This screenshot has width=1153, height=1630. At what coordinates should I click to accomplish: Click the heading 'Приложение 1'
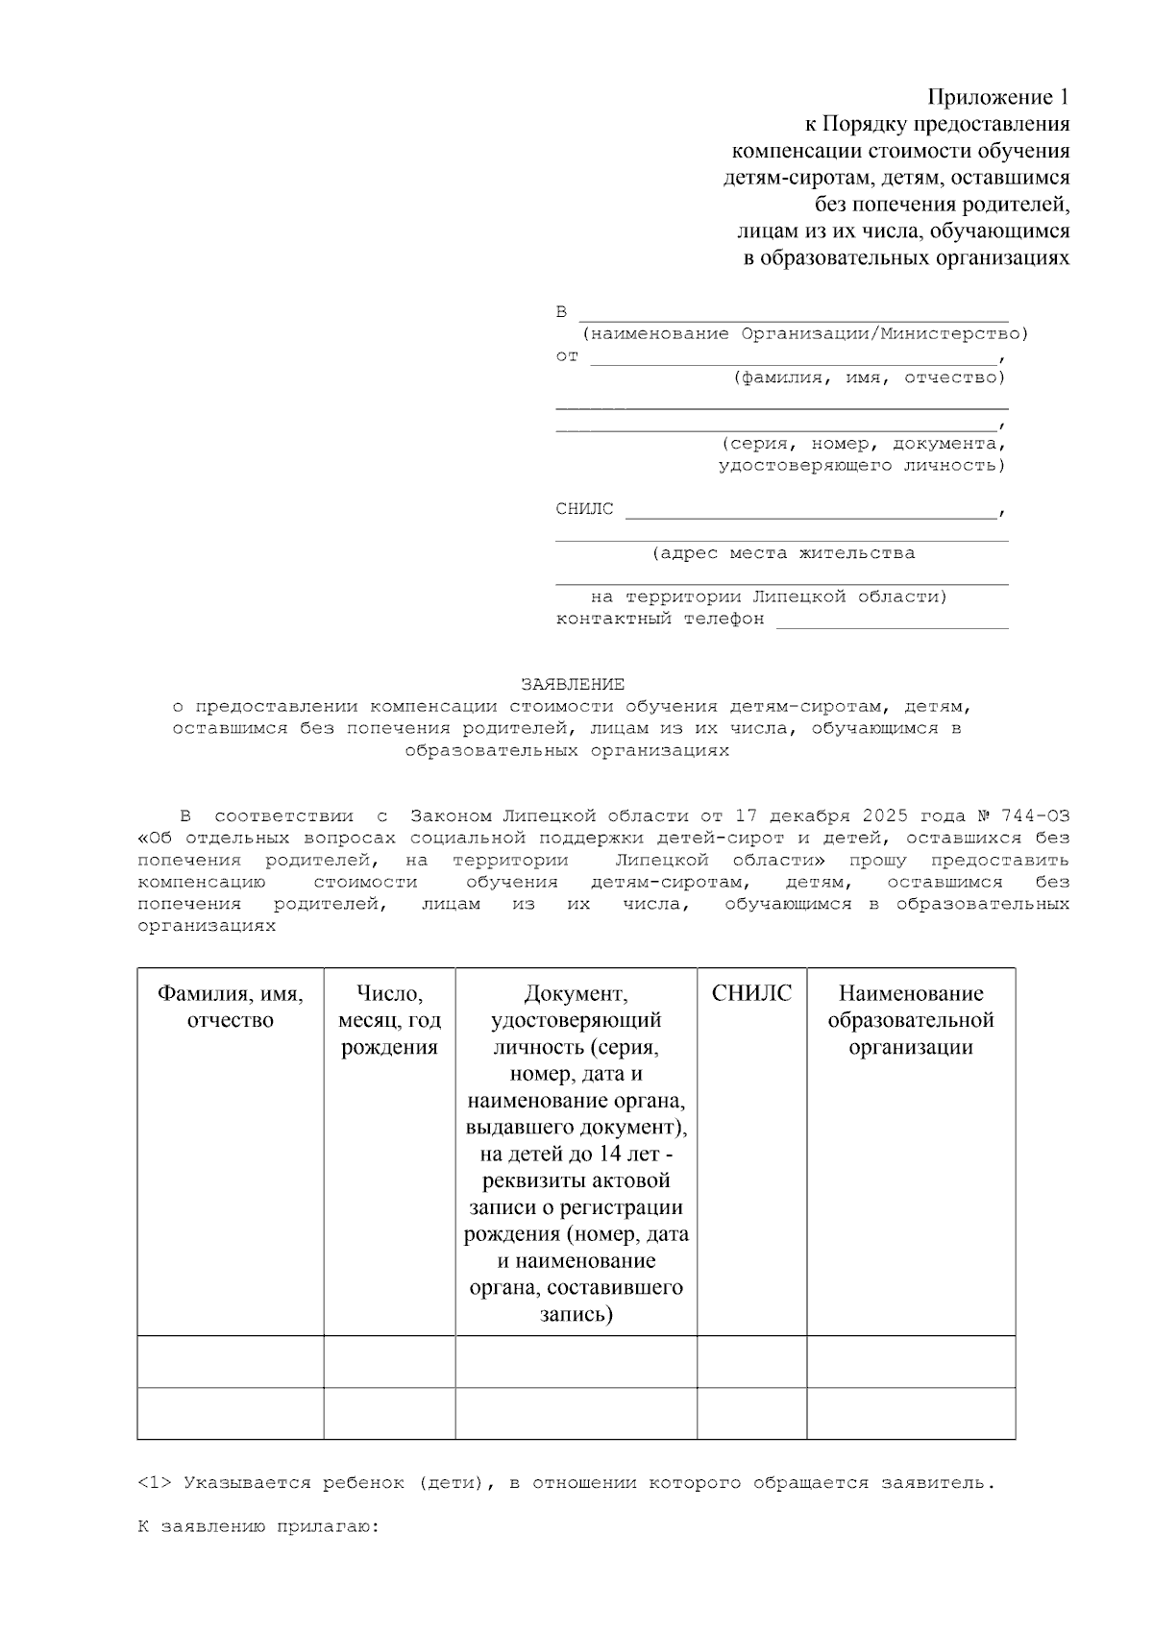997,97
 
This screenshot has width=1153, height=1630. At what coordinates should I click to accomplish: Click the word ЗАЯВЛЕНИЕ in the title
573,685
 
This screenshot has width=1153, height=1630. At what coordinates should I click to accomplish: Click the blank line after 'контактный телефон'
892,625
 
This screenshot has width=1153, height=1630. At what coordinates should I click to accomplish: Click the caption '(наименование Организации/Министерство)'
804,333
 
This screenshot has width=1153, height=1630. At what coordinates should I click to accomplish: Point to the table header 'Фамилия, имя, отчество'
231,1007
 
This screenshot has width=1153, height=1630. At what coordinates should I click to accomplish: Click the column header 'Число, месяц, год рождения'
389,1020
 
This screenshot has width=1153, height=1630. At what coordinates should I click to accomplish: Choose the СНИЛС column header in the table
751,993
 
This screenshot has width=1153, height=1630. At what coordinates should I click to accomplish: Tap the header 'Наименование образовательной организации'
911,1020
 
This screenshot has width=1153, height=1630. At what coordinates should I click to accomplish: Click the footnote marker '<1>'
155,1483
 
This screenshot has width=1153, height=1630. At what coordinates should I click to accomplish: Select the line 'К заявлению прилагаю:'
259,1526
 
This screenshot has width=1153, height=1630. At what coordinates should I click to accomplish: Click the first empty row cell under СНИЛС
751,1361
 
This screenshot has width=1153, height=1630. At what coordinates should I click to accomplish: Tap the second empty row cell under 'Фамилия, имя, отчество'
231,1413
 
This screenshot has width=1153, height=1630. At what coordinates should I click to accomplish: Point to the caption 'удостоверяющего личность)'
862,465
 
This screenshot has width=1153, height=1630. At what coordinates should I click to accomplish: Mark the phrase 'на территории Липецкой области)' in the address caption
769,596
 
